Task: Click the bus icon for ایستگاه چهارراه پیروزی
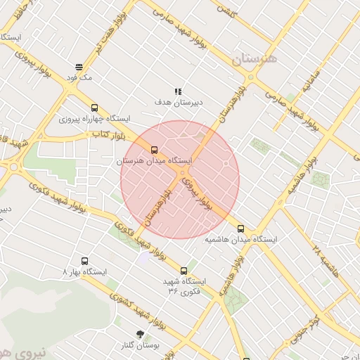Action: [94, 108]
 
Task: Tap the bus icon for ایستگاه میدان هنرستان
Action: [154, 149]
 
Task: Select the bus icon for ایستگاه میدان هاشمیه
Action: [241, 228]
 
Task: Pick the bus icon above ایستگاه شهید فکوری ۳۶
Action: [184, 270]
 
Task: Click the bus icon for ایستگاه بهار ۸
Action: [85, 259]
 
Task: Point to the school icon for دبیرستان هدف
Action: [179, 91]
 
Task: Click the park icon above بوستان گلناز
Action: [139, 334]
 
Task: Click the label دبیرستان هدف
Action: [179, 103]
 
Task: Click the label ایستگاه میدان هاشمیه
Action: [241, 240]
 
